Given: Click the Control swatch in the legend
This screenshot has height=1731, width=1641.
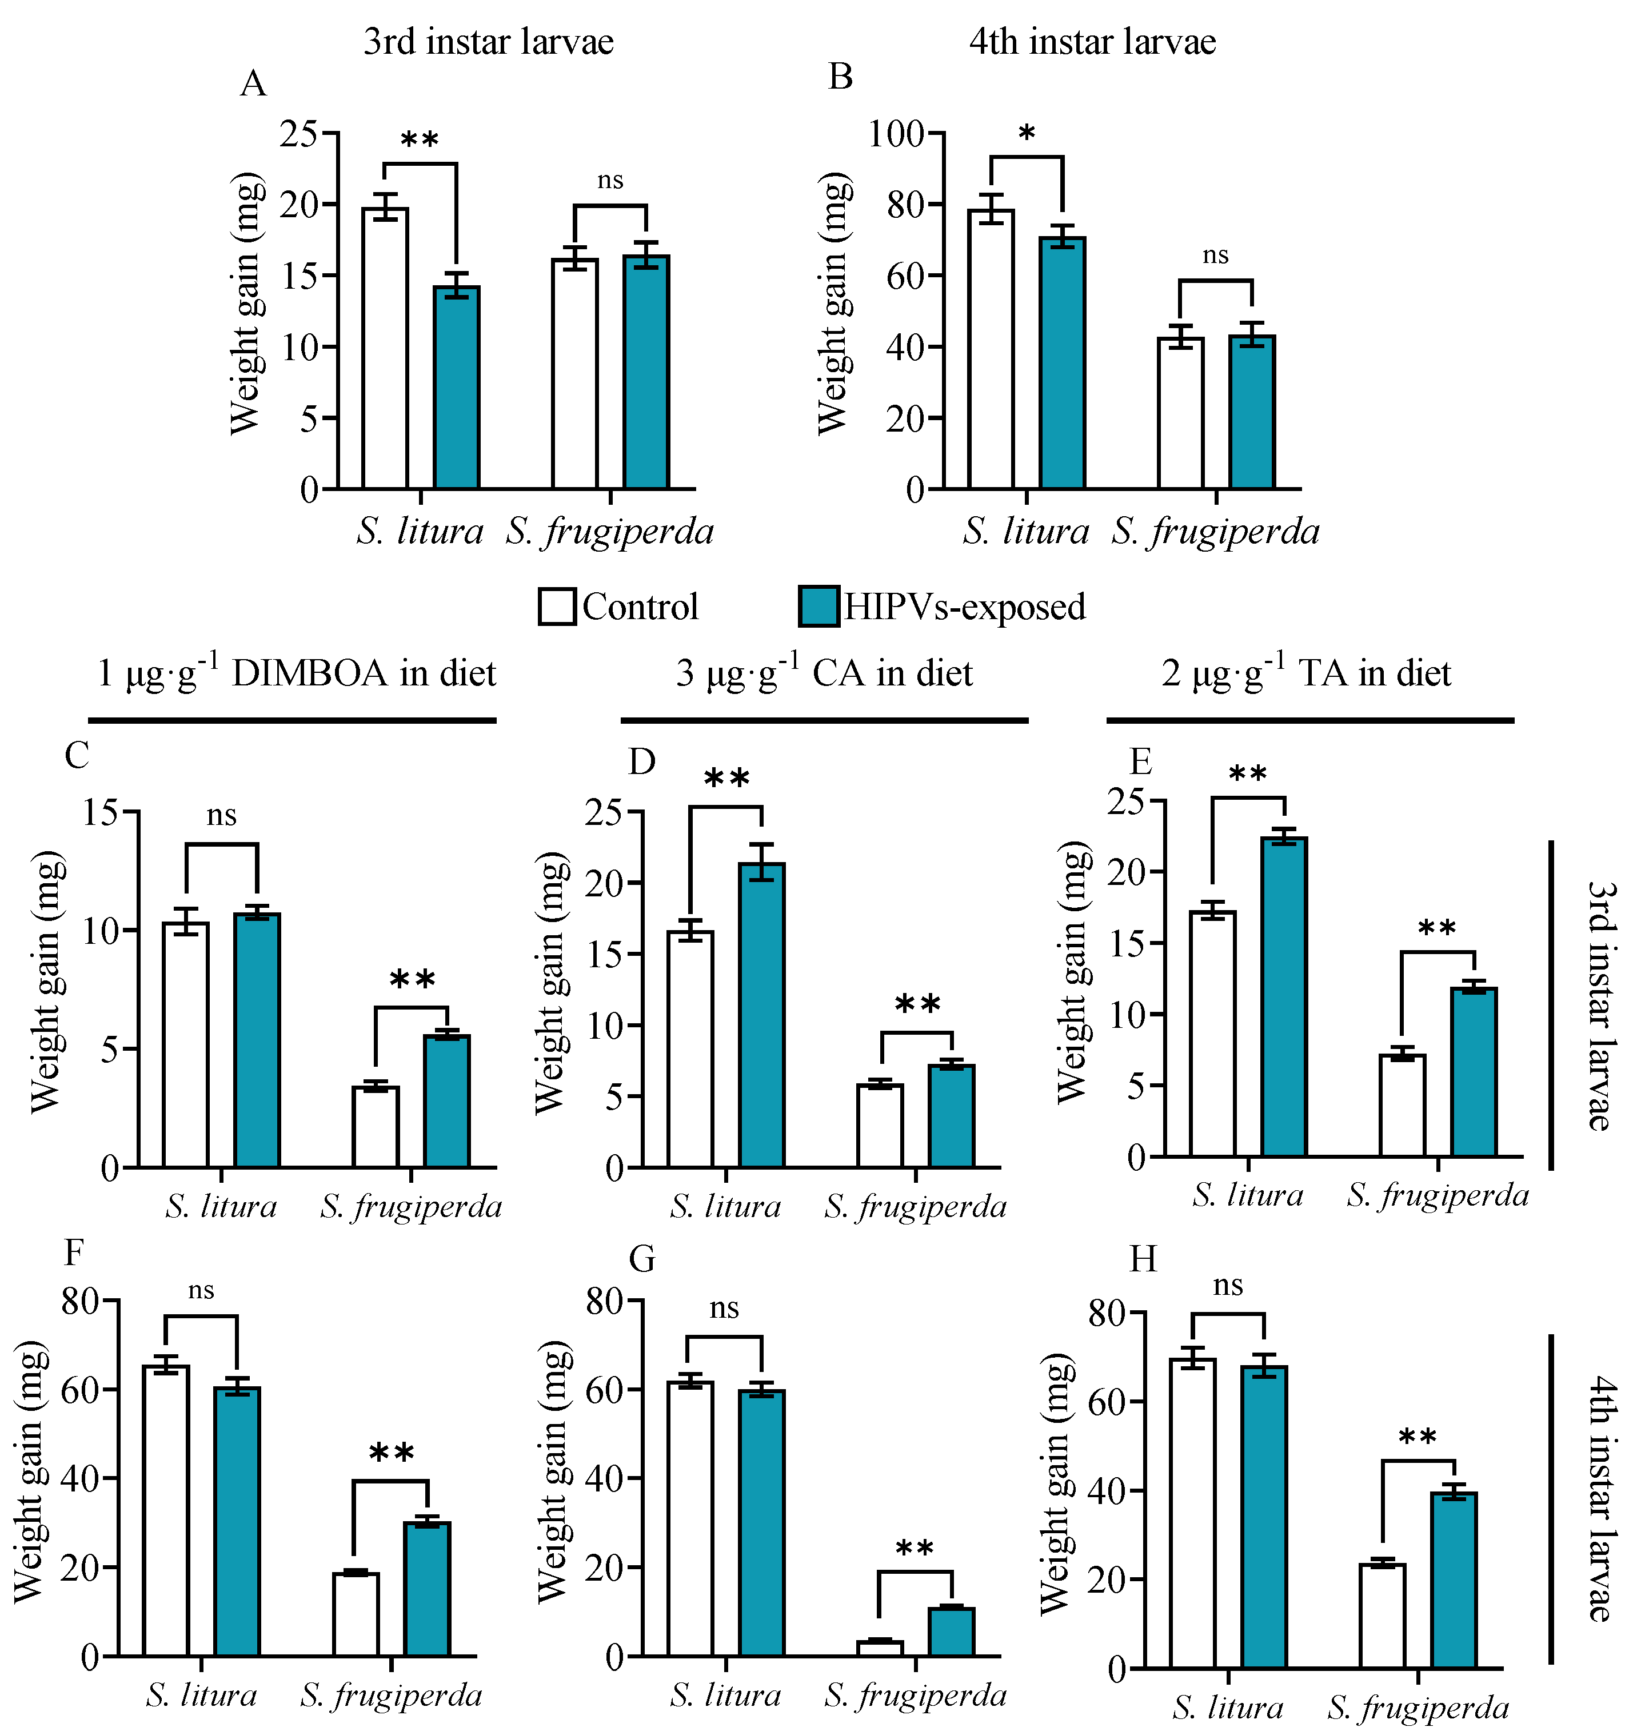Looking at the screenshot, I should (x=556, y=606).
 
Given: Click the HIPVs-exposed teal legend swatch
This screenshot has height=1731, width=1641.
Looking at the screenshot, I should (x=818, y=606).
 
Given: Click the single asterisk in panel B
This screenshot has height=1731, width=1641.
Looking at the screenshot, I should (x=1027, y=134).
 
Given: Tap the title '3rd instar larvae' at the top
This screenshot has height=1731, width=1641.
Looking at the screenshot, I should (x=488, y=41).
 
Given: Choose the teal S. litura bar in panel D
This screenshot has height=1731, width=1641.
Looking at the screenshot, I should (x=762, y=1015).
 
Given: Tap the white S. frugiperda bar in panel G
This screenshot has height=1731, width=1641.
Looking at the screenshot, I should (x=880, y=1648).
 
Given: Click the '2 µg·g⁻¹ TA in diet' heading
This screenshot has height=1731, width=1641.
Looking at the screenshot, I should (x=1306, y=673).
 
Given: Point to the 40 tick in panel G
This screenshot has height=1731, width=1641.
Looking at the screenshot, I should (x=604, y=1478).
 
